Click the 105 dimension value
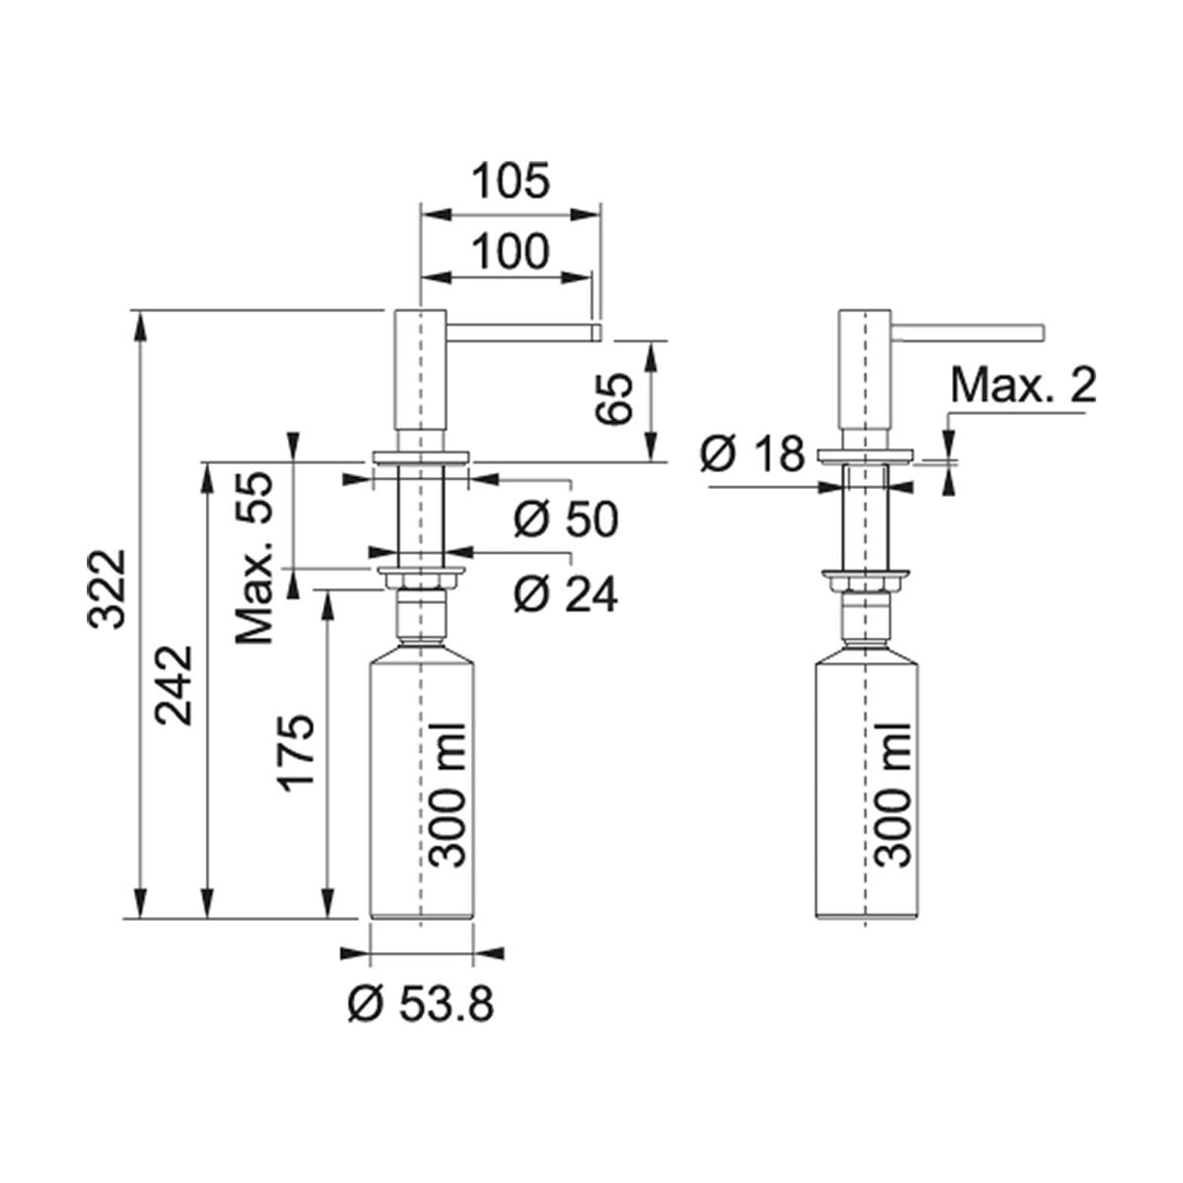(511, 181)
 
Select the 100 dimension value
(511, 251)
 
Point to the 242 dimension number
(174, 685)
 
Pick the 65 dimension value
(614, 398)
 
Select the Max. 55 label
(253, 558)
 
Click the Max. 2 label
(1023, 385)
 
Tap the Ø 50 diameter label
(566, 519)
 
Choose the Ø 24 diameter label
(566, 594)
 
